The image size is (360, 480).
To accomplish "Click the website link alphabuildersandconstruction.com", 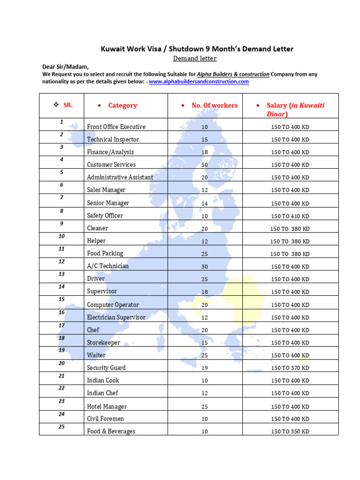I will (199, 82).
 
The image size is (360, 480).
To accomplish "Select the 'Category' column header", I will (122, 105).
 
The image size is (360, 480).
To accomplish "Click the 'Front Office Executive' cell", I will (116, 127).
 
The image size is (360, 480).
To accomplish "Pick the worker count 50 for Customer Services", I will (204, 165).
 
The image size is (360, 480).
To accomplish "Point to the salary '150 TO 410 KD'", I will (290, 216).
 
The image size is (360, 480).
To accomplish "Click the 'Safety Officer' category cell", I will (105, 216).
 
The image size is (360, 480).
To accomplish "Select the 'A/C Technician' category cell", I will (108, 266).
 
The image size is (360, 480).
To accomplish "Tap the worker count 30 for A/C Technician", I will (204, 267).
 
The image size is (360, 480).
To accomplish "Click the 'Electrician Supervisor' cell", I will (116, 317).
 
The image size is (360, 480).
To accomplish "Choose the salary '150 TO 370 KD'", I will (290, 368).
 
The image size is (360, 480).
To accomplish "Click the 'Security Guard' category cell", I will (106, 368).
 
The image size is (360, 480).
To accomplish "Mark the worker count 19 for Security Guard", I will (204, 368).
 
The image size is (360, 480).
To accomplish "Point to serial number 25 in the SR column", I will (62, 427).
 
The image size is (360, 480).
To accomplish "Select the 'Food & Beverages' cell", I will (111, 431).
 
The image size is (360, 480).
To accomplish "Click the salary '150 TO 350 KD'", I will (290, 432).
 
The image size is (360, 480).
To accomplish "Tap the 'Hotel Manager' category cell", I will (107, 406).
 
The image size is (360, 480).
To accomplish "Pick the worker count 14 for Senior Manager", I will (204, 203).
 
